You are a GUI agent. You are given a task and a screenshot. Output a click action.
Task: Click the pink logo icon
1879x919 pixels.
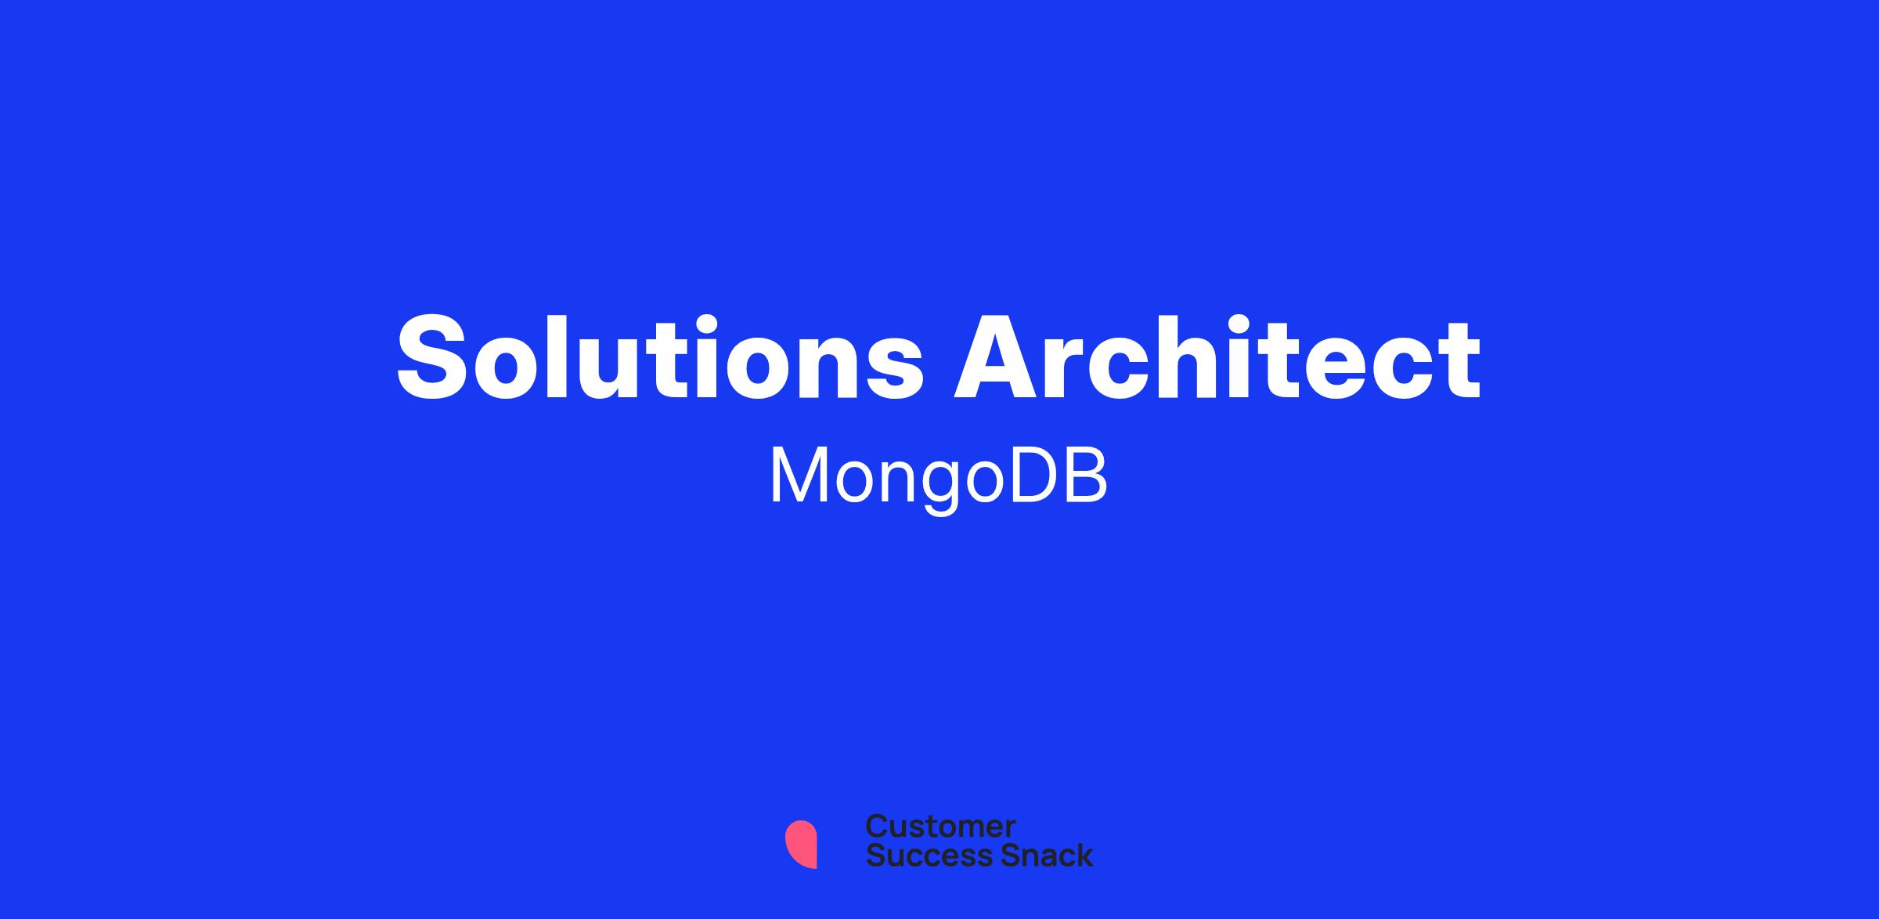(x=801, y=844)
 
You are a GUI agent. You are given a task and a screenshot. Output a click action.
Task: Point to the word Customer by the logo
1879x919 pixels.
(x=940, y=827)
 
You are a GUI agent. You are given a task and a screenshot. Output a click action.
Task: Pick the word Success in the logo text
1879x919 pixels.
(x=918, y=855)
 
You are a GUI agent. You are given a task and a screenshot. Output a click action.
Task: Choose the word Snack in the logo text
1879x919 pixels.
(x=1036, y=855)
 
